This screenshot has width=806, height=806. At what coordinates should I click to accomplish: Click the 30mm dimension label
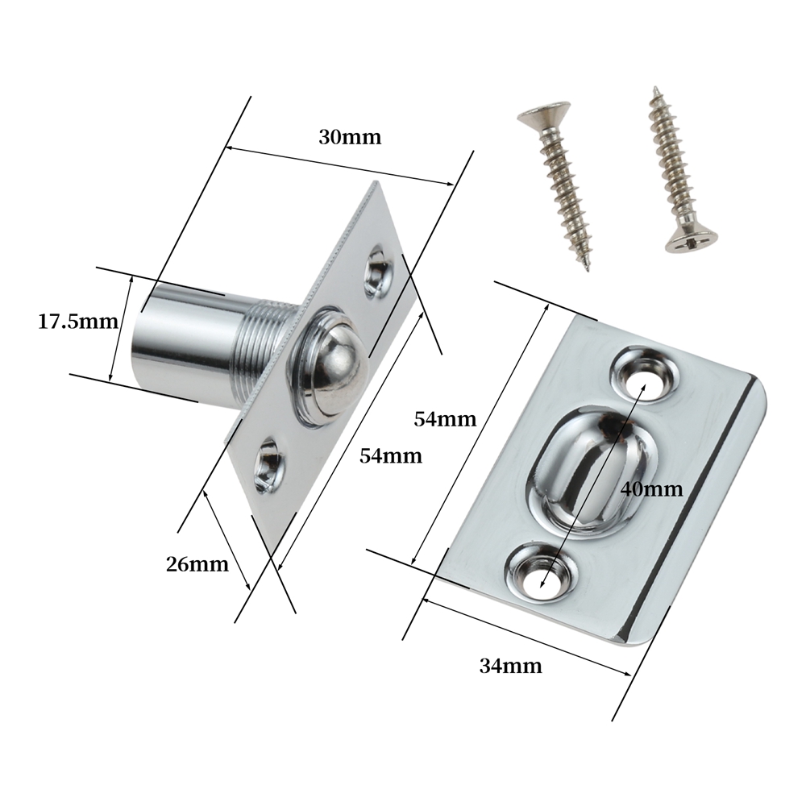pyautogui.click(x=350, y=137)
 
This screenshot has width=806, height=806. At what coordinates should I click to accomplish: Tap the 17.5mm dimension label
pyautogui.click(x=78, y=322)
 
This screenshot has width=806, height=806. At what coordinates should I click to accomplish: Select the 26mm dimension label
pyautogui.click(x=197, y=564)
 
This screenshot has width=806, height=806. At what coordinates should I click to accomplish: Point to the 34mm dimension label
pyautogui.click(x=510, y=667)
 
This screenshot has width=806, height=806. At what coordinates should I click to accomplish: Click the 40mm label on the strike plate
pyautogui.click(x=652, y=489)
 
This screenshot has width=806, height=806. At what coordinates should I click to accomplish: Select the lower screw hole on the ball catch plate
pyautogui.click(x=270, y=465)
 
